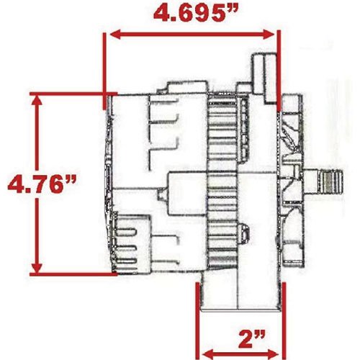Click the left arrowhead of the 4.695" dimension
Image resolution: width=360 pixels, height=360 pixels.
112,34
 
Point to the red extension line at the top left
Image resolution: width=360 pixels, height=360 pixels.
106,65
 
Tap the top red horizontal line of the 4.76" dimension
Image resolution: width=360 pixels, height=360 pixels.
72,93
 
